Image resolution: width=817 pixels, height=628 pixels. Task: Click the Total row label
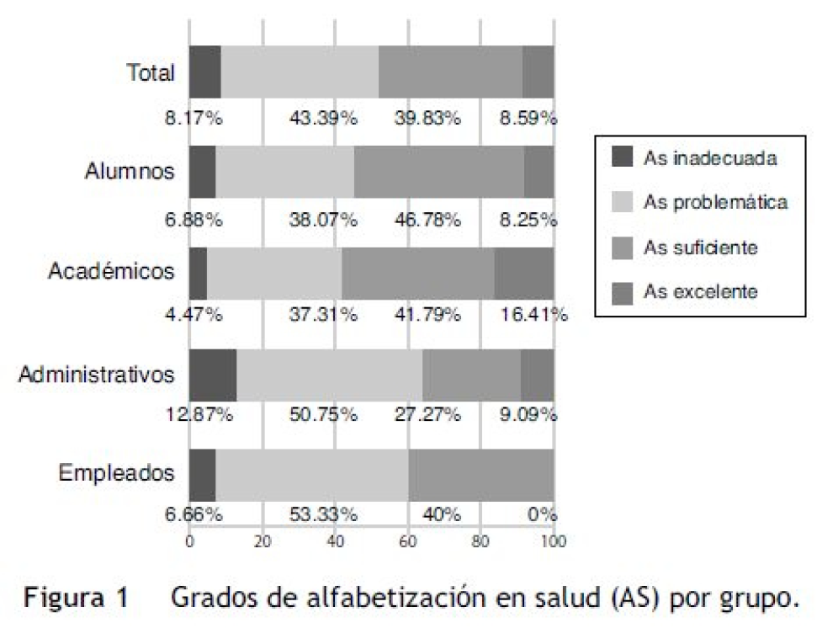(x=151, y=73)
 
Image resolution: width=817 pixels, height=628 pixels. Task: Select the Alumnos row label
(x=130, y=172)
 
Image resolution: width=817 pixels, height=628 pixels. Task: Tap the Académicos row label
(x=112, y=272)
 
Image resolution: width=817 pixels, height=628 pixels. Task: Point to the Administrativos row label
(x=97, y=373)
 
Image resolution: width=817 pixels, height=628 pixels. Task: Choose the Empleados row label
(x=117, y=473)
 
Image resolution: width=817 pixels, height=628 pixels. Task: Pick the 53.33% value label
(x=324, y=514)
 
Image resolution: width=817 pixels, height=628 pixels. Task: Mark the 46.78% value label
(x=427, y=221)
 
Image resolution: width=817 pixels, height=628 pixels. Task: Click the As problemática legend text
(x=715, y=202)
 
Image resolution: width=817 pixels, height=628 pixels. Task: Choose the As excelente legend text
(x=700, y=292)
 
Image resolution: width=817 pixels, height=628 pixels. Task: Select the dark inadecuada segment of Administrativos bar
(x=213, y=373)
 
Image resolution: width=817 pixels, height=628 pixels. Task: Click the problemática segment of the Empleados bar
(x=312, y=474)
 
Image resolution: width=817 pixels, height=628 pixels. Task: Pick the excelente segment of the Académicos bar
(x=523, y=273)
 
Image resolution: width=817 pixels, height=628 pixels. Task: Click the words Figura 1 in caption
(x=76, y=599)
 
